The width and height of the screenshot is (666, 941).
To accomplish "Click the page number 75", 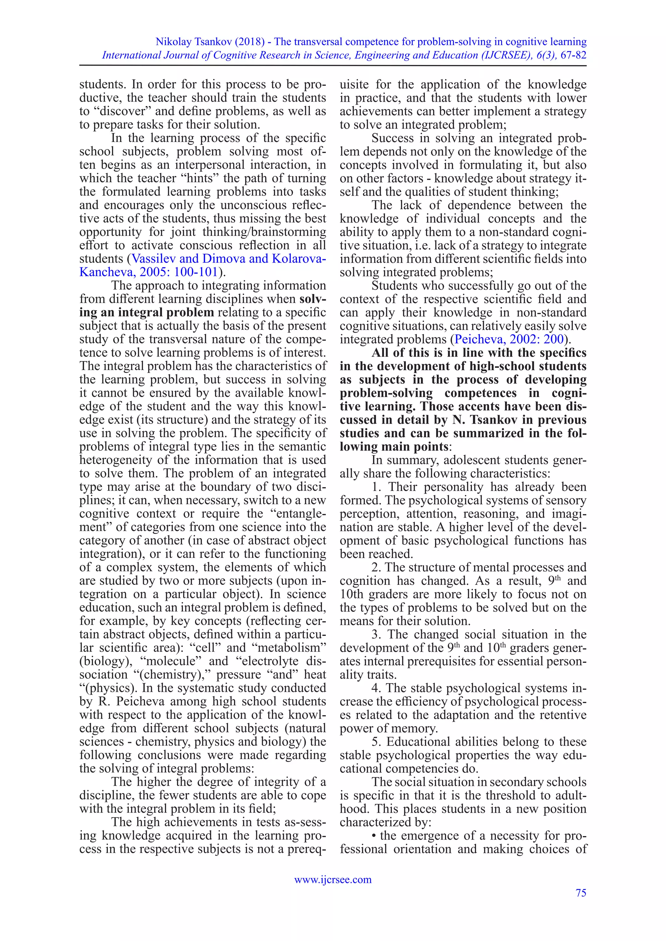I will tap(581, 893).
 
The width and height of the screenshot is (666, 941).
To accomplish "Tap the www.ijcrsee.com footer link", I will tap(333, 880).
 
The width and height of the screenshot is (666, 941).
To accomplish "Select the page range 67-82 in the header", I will tap(573, 55).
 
